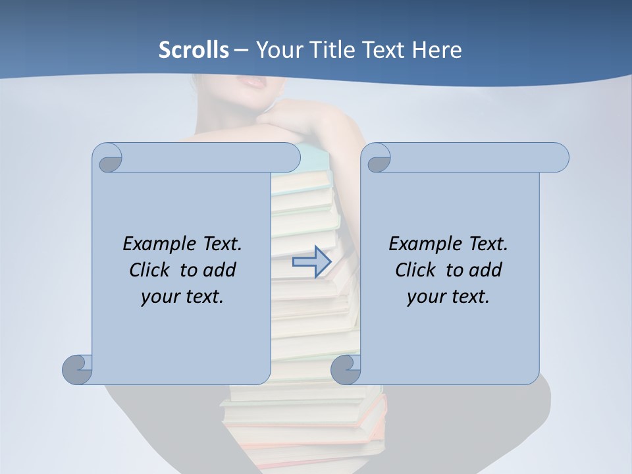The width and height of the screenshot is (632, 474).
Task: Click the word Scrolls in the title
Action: point(194,50)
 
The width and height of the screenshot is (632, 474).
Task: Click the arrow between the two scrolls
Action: point(311,262)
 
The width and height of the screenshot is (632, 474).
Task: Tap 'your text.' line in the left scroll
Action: point(182,297)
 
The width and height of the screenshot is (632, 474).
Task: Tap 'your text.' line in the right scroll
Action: point(448,297)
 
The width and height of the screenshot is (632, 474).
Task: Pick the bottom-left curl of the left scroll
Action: point(77,369)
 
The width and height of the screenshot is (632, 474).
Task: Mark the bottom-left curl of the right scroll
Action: point(346,369)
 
